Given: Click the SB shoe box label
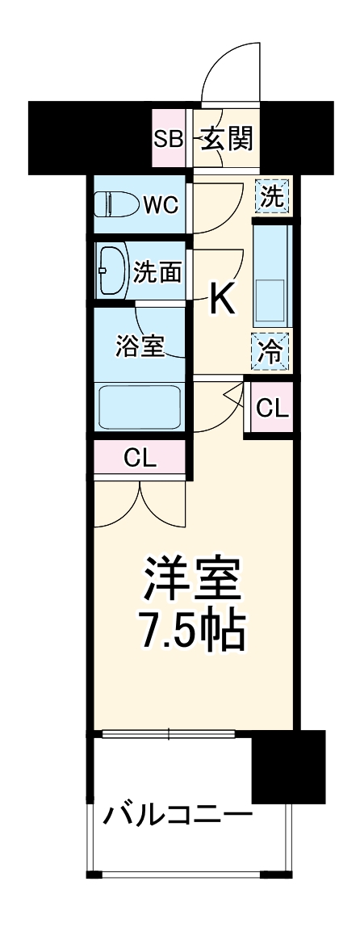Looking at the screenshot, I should [x=168, y=139].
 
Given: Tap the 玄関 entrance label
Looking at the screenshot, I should [x=227, y=139].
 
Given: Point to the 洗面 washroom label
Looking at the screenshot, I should [x=157, y=271].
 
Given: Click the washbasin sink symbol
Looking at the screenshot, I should [x=111, y=271].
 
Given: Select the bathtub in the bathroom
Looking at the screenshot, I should [x=139, y=409].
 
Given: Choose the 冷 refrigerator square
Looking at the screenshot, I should [x=273, y=352].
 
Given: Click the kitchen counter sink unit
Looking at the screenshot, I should [x=273, y=274].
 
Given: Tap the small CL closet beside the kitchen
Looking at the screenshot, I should [x=271, y=409].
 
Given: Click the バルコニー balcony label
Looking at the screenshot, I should [x=176, y=812].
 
